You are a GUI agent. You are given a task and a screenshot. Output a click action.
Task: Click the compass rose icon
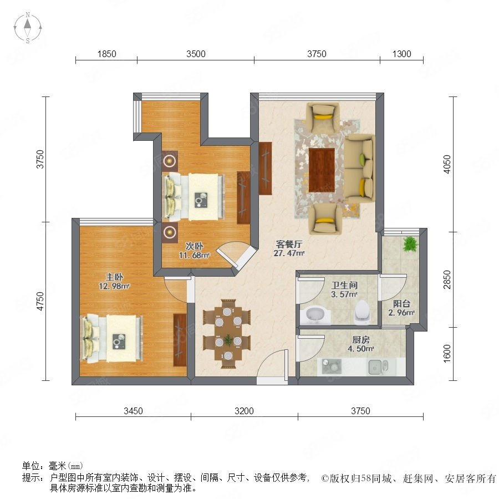(x=28, y=28)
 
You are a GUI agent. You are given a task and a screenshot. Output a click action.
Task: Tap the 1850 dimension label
(x=106, y=54)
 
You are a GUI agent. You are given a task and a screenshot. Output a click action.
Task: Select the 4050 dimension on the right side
(x=447, y=164)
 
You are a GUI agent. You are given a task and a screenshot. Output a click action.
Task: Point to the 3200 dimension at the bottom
(x=244, y=411)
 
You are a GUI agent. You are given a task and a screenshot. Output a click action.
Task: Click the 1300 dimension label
(x=401, y=54)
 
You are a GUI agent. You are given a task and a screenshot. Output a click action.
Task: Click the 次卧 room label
(x=194, y=246)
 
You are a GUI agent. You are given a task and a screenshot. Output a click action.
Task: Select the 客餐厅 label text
(x=289, y=244)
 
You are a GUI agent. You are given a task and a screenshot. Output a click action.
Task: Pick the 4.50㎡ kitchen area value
(x=360, y=349)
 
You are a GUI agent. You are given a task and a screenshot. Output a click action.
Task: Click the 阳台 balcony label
(x=401, y=303)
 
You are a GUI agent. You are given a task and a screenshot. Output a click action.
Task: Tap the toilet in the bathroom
(x=363, y=310)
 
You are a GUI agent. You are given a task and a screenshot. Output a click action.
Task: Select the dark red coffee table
(x=322, y=170)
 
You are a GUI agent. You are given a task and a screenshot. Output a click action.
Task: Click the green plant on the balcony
(x=410, y=244)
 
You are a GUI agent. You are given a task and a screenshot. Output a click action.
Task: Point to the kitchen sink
(x=378, y=366)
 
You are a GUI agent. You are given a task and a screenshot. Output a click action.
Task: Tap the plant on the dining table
(x=228, y=339)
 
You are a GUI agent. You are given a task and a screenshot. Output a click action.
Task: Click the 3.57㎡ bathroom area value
(x=344, y=294)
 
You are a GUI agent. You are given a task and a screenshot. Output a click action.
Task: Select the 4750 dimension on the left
(x=40, y=301)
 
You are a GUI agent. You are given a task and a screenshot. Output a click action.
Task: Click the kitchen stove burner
(x=332, y=366)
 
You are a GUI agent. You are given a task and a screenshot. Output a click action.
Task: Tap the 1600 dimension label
(x=447, y=353)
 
